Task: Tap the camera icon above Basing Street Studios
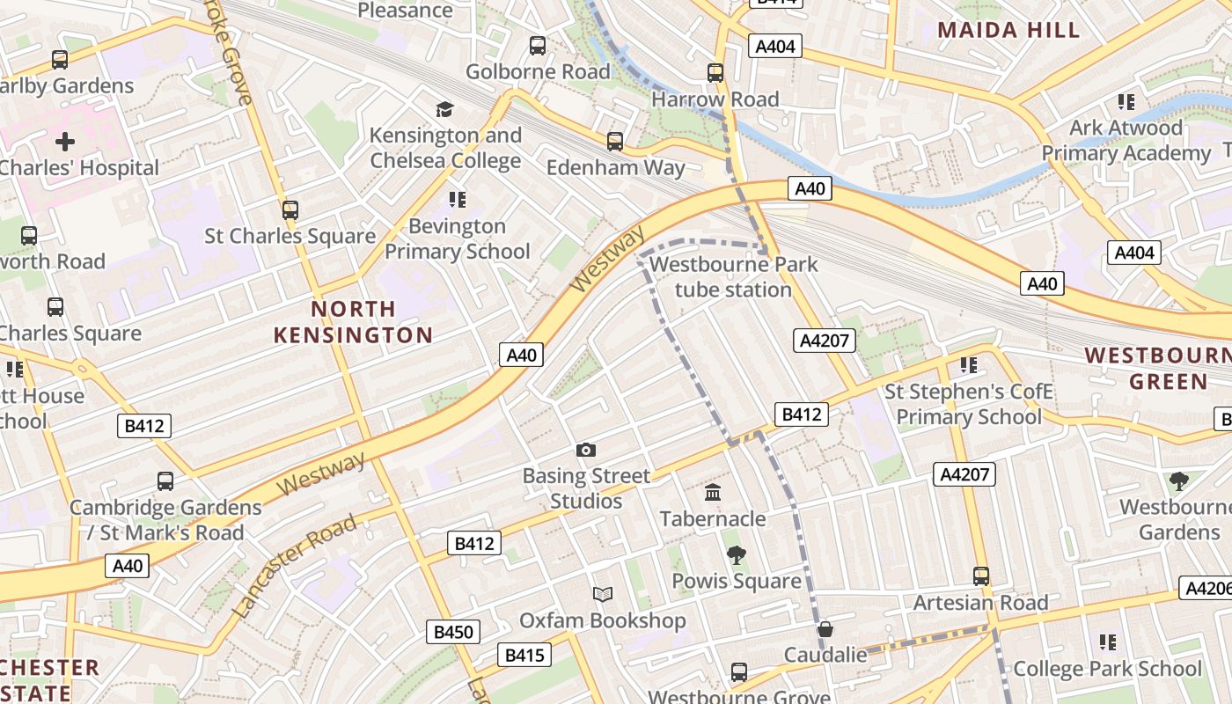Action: (586, 451)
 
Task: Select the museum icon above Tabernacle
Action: (713, 492)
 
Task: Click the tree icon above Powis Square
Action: (736, 555)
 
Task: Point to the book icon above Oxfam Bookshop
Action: (602, 595)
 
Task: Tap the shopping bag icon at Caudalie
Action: (825, 629)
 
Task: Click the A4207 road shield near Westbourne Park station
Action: (824, 341)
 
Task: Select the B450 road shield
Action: (454, 631)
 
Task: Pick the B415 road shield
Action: (526, 655)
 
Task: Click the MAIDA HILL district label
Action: (1008, 30)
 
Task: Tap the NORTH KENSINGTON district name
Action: (353, 322)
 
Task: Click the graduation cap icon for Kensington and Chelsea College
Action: (444, 109)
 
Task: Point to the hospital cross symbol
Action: (65, 141)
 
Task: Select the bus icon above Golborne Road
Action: (538, 46)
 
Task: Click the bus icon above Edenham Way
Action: (615, 141)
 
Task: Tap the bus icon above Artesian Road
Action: (981, 576)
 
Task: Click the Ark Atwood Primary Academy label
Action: (1126, 140)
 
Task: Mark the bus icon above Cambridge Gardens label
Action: (165, 481)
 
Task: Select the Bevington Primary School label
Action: (457, 238)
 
